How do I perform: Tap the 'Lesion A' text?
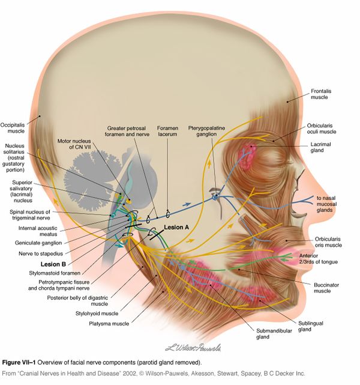pos(177,228)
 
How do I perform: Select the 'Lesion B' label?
pos(53,263)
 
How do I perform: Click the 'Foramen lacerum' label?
pos(169,132)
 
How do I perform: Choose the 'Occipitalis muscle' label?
pos(13,126)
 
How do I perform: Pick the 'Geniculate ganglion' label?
pos(39,243)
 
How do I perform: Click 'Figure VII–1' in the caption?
pos(23,363)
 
